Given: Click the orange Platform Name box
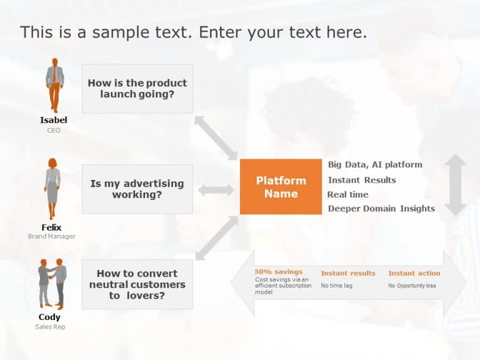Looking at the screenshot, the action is (x=281, y=187).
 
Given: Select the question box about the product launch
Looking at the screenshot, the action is (x=137, y=89).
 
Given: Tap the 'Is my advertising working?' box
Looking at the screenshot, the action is (x=137, y=189).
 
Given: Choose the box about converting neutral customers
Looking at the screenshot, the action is (x=137, y=284).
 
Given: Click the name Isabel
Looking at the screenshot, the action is (x=54, y=120).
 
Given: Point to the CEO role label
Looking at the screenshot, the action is (x=54, y=131).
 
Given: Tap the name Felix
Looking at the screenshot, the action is (x=51, y=227).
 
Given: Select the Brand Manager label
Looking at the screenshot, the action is (x=51, y=236).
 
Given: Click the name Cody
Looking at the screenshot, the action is (x=49, y=317).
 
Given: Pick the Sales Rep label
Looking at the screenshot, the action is (x=50, y=327).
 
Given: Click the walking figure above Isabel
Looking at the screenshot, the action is (x=55, y=85).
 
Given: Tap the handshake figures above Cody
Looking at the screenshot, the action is (x=52, y=284).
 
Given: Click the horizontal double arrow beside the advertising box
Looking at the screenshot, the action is (x=216, y=190).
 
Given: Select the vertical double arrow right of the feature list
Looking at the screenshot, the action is (x=456, y=184).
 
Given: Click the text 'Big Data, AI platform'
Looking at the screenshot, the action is (x=375, y=165).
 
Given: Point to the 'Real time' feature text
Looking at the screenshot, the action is (x=347, y=194).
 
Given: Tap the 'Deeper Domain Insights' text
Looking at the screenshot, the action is (x=381, y=209).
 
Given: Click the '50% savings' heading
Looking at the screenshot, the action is (x=279, y=272).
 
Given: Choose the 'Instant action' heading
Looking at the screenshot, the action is (x=414, y=273).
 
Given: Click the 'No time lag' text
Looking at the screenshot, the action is (x=336, y=286).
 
